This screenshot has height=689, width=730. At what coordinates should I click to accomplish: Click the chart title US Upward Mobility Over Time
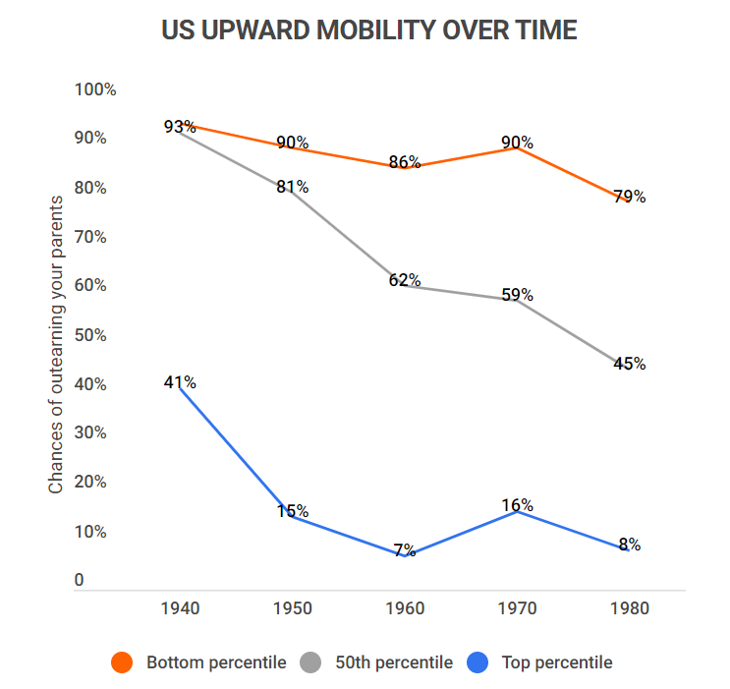point(368,30)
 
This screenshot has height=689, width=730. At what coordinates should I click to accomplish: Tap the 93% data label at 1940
point(180,127)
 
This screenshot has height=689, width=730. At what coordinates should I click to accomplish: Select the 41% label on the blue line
point(180,382)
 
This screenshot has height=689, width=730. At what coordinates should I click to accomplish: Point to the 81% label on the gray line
point(292,187)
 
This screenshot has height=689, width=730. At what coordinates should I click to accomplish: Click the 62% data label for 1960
point(404,280)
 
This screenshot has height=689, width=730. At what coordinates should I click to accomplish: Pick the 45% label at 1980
point(629,364)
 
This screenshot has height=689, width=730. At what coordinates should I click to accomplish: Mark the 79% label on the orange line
point(629,197)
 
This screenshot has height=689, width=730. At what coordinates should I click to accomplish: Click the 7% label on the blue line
point(404,550)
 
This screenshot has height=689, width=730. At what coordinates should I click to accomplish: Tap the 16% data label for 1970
point(517,505)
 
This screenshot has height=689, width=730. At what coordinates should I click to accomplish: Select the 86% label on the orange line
point(404,162)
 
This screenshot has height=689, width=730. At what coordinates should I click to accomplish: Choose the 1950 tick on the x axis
point(292,608)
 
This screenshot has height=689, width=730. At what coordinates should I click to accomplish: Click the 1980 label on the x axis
point(629,608)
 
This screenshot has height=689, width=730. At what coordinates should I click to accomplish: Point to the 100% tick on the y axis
point(95,89)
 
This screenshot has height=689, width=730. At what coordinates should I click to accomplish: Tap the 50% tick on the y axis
point(91,335)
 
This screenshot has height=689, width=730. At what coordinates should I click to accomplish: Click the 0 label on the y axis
point(80,581)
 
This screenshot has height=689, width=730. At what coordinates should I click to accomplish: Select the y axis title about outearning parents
point(56,344)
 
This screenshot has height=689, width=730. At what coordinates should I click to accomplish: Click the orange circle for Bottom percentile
point(122,662)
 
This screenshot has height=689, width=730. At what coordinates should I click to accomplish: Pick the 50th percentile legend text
point(392,662)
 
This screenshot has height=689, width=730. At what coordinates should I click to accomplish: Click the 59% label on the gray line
point(517,295)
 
